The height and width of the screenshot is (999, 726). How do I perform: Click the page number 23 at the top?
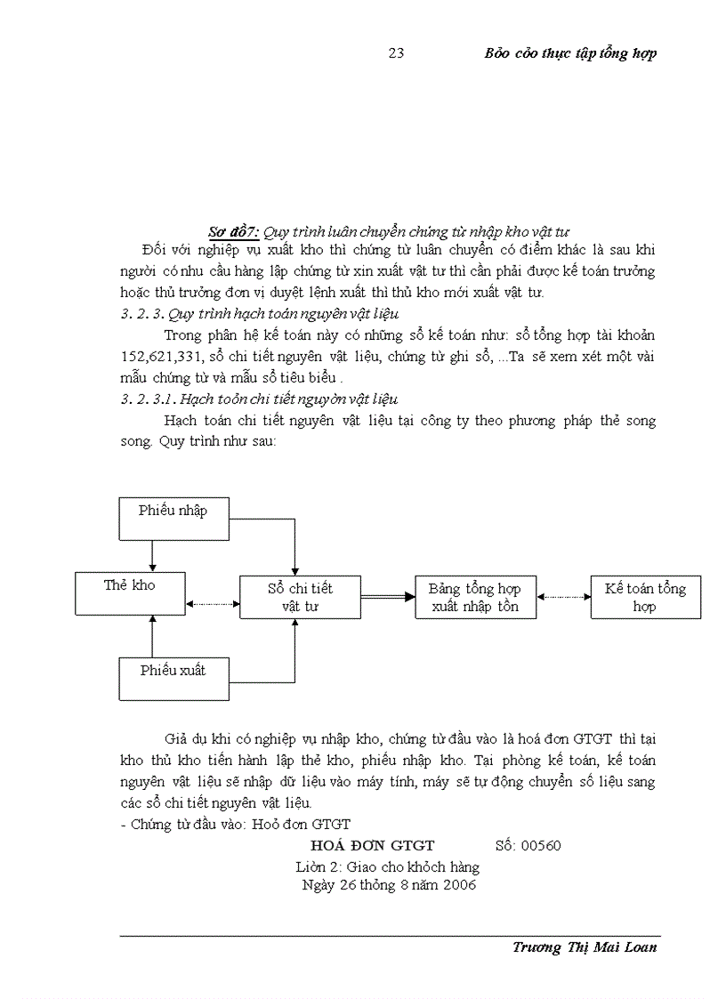[397, 53]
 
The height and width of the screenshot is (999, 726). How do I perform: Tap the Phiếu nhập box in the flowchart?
[174, 518]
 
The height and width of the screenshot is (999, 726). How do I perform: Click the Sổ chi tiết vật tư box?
[300, 597]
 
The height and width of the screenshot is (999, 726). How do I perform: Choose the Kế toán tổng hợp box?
[645, 597]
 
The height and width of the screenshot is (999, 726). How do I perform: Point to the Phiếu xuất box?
[174, 678]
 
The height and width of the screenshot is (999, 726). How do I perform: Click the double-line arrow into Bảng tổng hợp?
[388, 597]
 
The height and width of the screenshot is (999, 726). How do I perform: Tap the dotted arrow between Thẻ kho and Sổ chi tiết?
[213, 604]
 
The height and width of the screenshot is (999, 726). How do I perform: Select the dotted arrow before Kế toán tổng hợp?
[563, 597]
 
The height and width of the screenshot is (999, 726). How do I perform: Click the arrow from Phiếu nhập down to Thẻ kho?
[153, 556]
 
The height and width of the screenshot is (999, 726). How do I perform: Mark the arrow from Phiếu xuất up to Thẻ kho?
[153, 635]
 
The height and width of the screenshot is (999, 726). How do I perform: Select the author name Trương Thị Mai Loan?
[585, 947]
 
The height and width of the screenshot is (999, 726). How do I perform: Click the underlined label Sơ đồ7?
[233, 232]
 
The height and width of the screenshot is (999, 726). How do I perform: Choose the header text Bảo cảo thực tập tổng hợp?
[570, 53]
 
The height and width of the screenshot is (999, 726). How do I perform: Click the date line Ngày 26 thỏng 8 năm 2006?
[390, 886]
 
